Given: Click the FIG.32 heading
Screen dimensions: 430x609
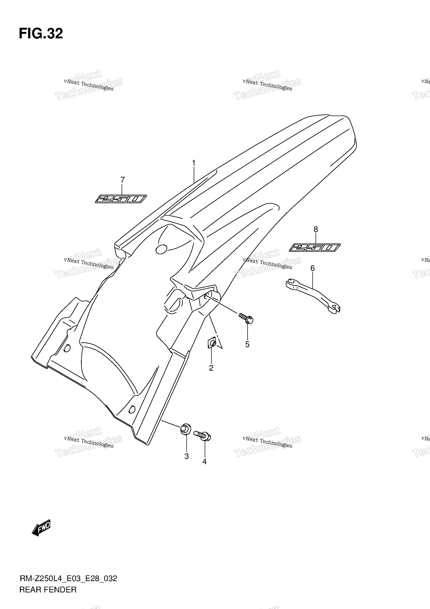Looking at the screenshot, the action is (x=41, y=34).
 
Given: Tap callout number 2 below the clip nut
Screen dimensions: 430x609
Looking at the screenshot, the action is (x=211, y=368).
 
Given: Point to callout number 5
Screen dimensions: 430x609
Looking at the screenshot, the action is (x=247, y=344).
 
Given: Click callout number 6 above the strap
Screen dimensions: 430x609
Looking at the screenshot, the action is (x=313, y=268).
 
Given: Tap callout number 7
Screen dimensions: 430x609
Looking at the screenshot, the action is (x=122, y=180).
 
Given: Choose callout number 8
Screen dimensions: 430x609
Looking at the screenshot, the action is (x=316, y=229).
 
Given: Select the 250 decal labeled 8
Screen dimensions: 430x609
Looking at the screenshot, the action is (x=315, y=248).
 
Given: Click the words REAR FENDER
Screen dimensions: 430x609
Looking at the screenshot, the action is (x=48, y=590).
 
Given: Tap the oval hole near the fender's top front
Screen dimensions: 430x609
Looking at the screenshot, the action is (x=161, y=249).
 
